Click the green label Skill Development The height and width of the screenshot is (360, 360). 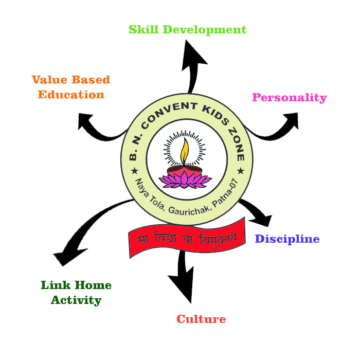click(188, 30)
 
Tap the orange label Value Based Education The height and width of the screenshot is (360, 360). click(70, 87)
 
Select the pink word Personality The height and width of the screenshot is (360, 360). click(290, 97)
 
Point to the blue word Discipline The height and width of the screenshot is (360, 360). click(287, 239)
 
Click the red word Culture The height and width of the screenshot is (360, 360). click(201, 319)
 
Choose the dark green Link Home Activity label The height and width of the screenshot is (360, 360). click(76, 293)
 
